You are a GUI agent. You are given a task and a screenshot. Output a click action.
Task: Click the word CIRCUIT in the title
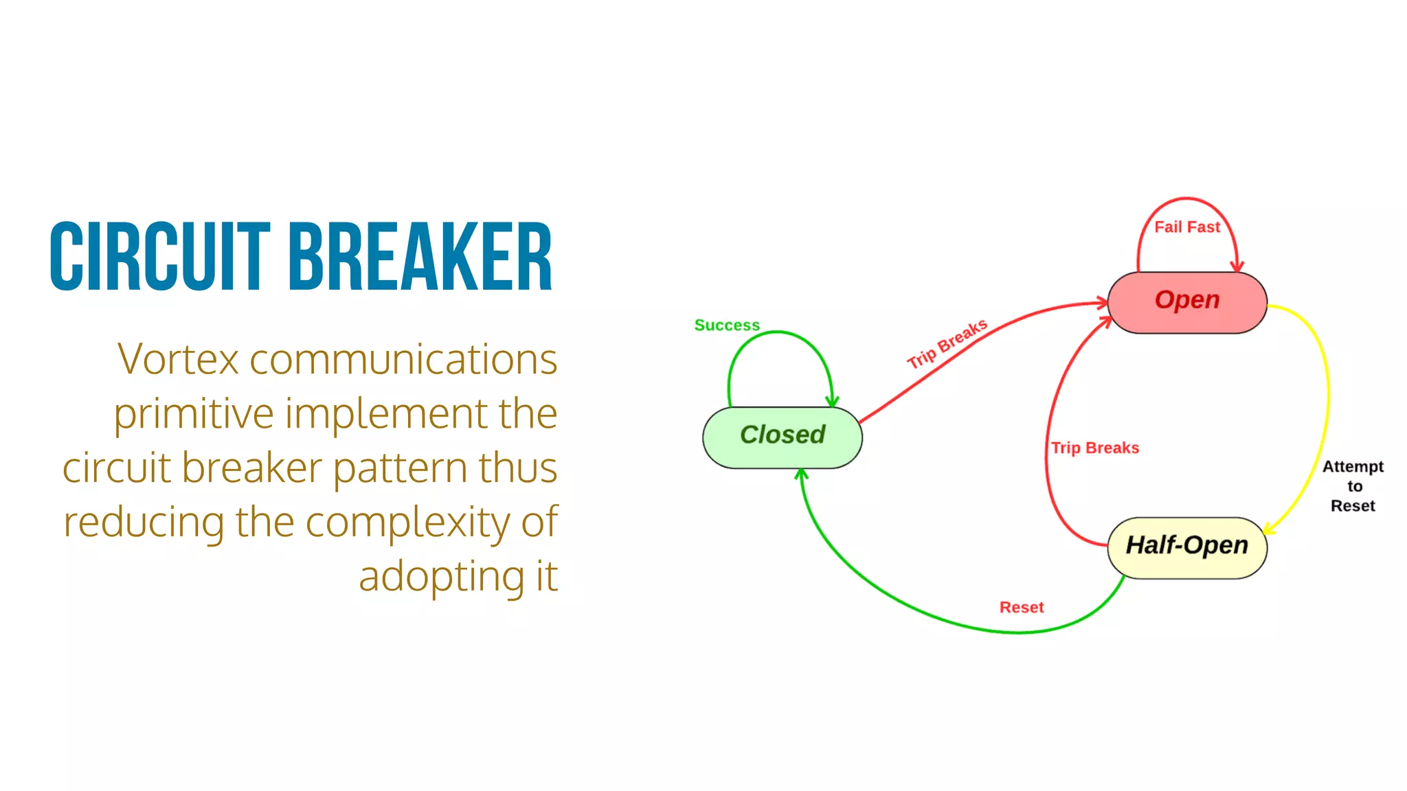pos(160,257)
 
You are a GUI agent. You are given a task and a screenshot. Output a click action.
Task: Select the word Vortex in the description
pos(178,359)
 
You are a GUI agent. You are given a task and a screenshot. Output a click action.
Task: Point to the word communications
pos(403,359)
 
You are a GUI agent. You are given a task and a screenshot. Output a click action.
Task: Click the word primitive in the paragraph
pos(194,414)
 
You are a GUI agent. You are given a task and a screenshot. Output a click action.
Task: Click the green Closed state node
pos(782,437)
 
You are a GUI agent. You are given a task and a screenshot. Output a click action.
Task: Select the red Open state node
pos(1186,301)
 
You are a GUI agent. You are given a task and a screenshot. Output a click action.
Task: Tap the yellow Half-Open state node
pos(1186,547)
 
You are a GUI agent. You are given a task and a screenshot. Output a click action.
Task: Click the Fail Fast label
pos(1186,227)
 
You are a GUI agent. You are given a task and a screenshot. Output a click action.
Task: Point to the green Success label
pos(727,325)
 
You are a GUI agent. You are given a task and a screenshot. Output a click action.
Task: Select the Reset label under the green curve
pos(1021,608)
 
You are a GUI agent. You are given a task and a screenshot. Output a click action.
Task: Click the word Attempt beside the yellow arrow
pos(1353,467)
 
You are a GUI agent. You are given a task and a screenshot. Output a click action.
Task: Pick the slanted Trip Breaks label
pos(947,344)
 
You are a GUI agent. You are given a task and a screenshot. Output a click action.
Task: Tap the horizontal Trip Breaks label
pos(1094,448)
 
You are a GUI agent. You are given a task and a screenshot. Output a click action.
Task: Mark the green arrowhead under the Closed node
pos(801,474)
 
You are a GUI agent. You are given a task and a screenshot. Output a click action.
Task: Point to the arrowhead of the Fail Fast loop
pos(1237,266)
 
